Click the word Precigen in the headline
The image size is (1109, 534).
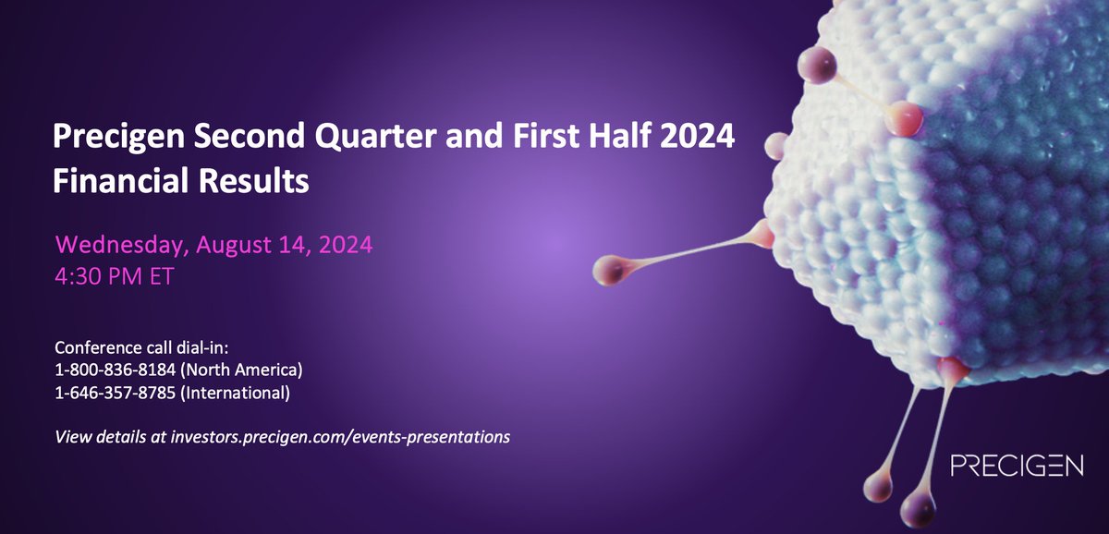116,140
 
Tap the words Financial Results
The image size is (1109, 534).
180,180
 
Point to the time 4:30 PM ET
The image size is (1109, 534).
114,277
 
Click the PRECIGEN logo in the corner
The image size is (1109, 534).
1017,466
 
